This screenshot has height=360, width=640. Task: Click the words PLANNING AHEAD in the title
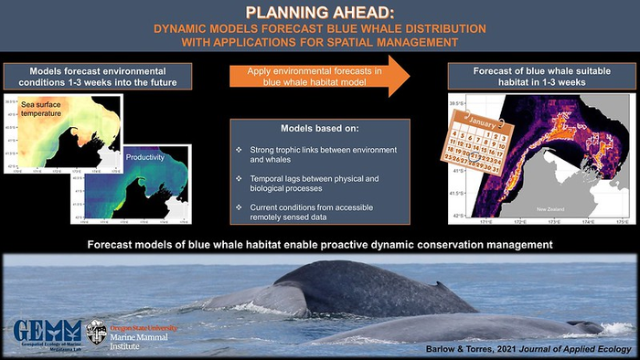point(319,12)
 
